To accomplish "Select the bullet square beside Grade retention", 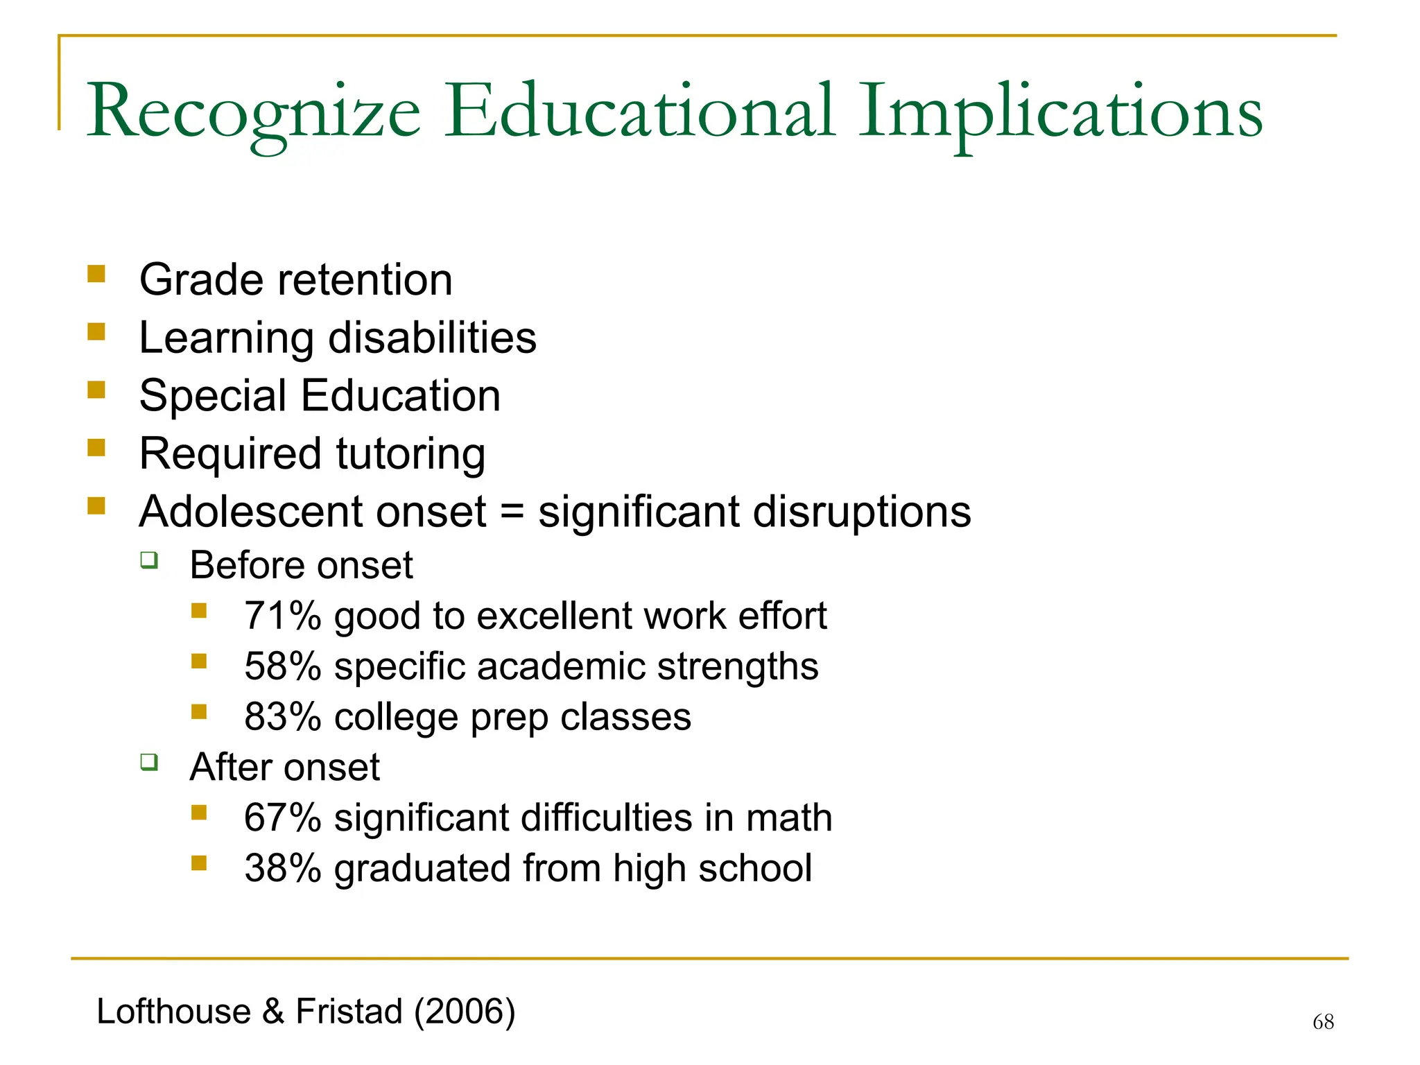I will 96,275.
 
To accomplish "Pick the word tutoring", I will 410,454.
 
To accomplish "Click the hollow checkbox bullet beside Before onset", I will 149,560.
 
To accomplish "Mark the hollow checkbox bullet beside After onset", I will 149,762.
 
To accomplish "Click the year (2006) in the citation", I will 465,1011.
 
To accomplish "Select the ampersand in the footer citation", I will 273,1012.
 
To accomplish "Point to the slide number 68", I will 1323,1022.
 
